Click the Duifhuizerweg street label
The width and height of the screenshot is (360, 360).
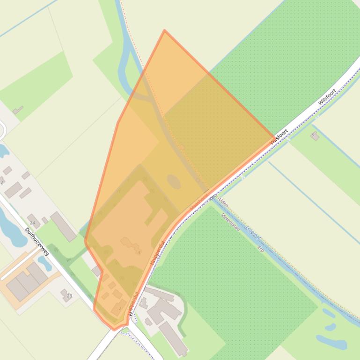click(x=37, y=241)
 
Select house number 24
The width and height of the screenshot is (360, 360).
click(x=32, y=223)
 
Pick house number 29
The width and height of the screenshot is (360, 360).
click(x=70, y=295)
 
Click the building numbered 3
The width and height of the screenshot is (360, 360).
click(x=315, y=136)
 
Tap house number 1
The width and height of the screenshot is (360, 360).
click(x=142, y=302)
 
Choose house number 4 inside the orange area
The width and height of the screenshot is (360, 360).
click(x=139, y=252)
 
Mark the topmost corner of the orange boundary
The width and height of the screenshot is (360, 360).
click(x=164, y=30)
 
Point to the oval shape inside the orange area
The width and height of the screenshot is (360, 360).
click(x=174, y=181)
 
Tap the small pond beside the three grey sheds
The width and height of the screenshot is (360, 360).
click(x=45, y=264)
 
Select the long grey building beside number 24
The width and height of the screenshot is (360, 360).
click(x=64, y=226)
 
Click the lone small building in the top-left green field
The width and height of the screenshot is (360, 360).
click(x=18, y=110)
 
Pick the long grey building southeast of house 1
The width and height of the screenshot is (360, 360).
click(x=173, y=338)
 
